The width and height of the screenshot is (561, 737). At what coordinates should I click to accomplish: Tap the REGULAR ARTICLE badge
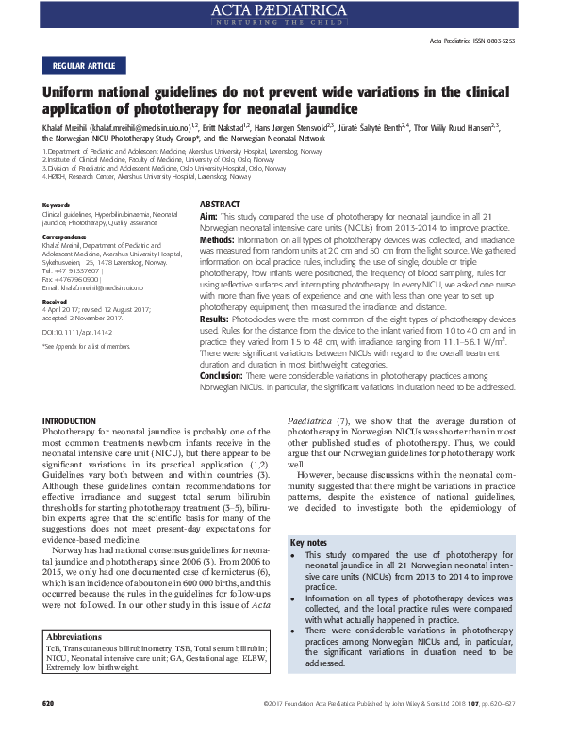point(84,66)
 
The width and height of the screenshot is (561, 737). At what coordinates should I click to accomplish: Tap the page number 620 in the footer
point(49,729)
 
